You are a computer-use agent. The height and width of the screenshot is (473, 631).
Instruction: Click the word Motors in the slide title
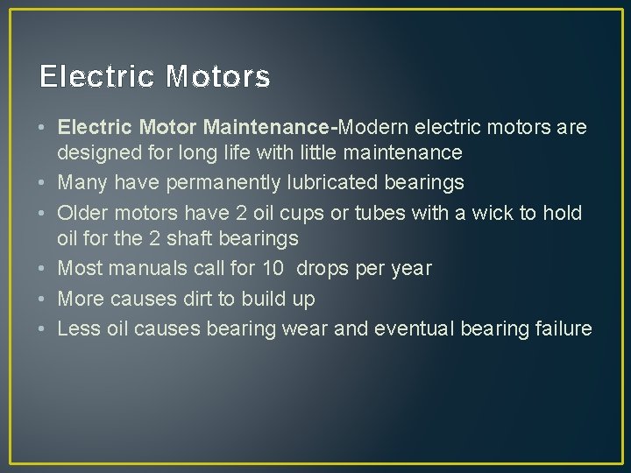(x=218, y=78)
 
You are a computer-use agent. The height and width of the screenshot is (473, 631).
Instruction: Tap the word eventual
(x=410, y=328)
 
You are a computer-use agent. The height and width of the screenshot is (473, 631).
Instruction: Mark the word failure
(x=562, y=328)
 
